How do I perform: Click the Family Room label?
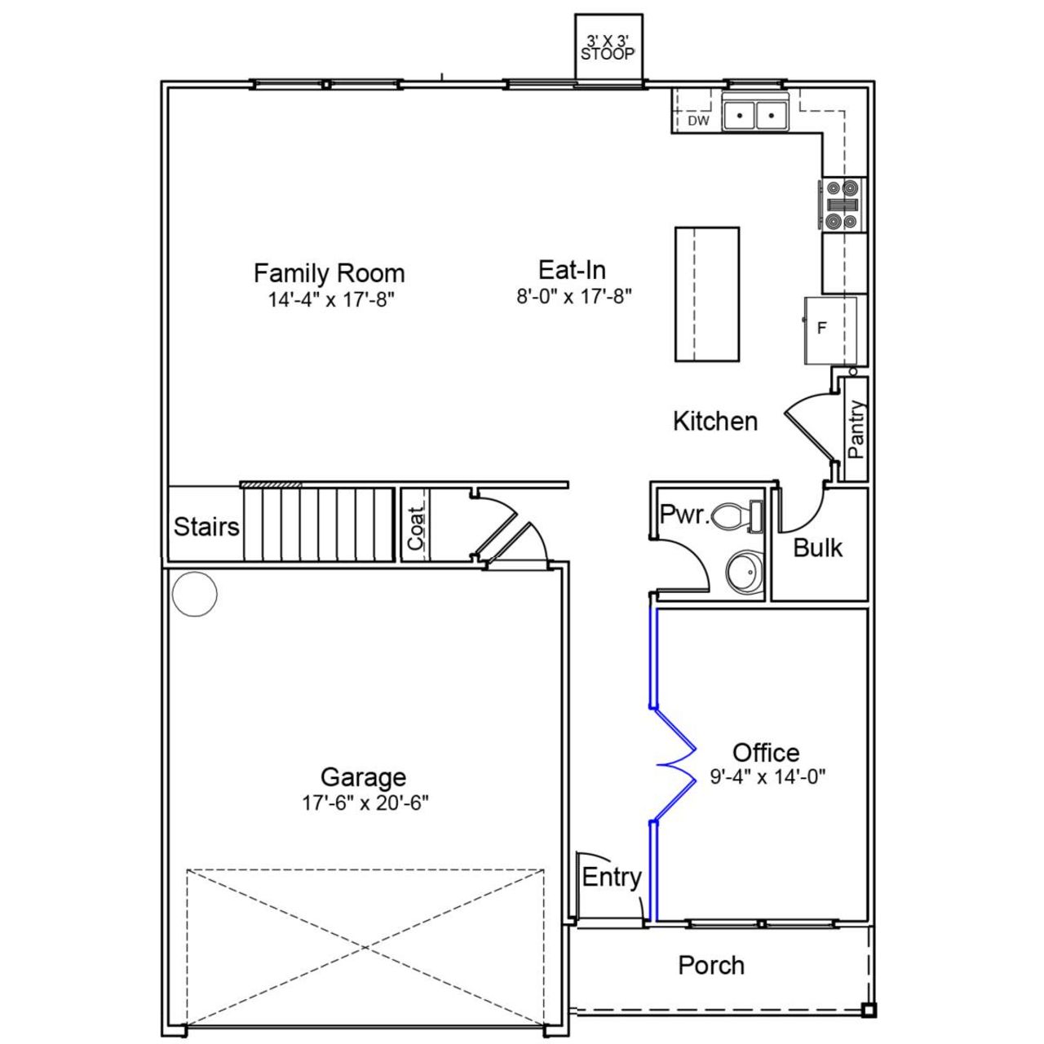click(x=329, y=272)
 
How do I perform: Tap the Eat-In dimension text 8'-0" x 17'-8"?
click(x=573, y=296)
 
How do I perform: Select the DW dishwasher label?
click(x=698, y=122)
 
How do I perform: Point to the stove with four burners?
click(x=843, y=203)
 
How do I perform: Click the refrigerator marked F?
click(x=829, y=329)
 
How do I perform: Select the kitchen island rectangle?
click(x=706, y=294)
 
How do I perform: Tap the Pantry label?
click(x=856, y=429)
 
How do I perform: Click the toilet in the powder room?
click(x=736, y=516)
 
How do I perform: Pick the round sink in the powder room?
click(x=745, y=573)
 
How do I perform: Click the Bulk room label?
click(x=817, y=548)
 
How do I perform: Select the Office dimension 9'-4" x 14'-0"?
click(x=768, y=777)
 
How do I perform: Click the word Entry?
click(x=611, y=878)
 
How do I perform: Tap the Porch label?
click(x=710, y=966)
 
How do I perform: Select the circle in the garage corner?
click(x=195, y=593)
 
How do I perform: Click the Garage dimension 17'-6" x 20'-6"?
click(x=365, y=803)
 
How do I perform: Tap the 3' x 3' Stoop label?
click(x=608, y=49)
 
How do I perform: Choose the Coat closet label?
click(x=416, y=527)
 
